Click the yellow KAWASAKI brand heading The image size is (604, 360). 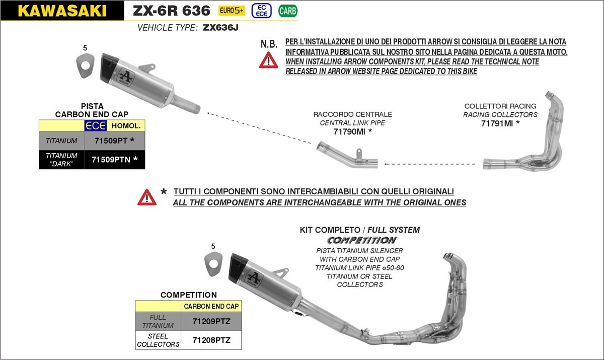tap(62, 11)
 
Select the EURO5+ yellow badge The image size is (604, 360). tap(232, 11)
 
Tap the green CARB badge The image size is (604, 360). tap(287, 11)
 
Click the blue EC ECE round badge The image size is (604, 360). tap(261, 11)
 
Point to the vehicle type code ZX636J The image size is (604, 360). tap(220, 28)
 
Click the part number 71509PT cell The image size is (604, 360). tap(114, 140)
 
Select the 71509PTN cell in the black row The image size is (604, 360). tap(114, 160)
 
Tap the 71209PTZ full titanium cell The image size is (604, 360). tap(211, 320)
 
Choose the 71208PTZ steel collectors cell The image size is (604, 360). tap(211, 340)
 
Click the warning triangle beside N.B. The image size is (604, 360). tap(268, 60)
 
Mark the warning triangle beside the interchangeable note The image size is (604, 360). tap(147, 197)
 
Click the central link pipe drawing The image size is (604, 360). tap(347, 157)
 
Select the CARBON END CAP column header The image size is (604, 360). tap(211, 306)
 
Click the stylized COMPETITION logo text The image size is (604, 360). tap(362, 240)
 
